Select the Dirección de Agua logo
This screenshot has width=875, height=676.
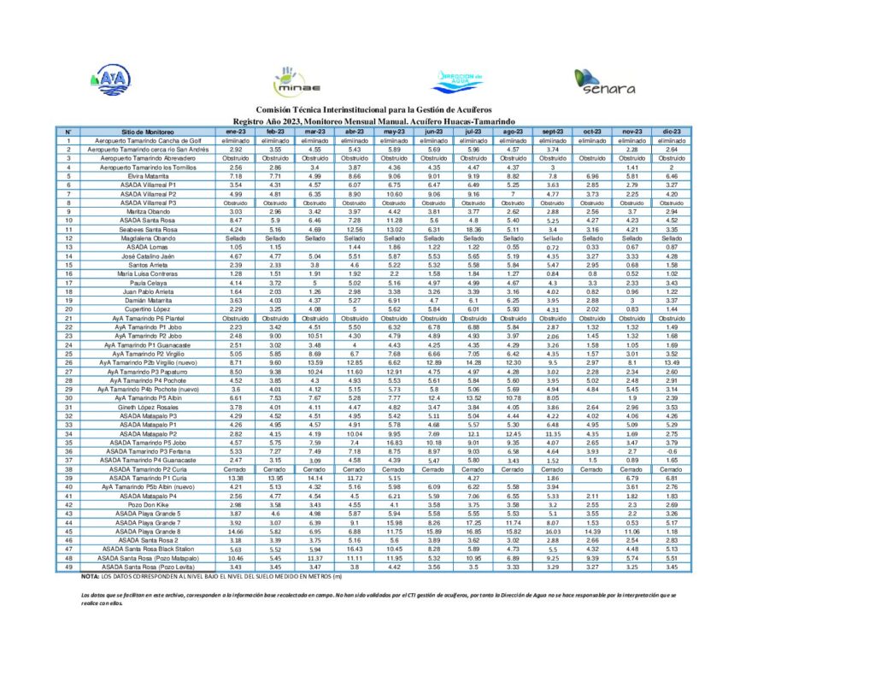459,79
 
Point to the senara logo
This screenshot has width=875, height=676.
605,81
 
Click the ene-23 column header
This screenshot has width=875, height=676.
235,132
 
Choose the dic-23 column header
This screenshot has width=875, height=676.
672,132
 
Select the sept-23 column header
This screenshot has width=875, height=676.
553,132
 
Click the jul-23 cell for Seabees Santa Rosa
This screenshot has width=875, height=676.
474,229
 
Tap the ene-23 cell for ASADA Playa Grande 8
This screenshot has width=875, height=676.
235,532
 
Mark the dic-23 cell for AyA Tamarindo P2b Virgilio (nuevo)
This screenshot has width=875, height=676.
672,362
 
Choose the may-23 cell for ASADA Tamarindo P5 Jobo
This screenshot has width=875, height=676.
394,443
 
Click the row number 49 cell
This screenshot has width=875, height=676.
68,567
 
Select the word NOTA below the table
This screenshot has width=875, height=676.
91,577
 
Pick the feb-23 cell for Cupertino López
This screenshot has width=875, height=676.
275,309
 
